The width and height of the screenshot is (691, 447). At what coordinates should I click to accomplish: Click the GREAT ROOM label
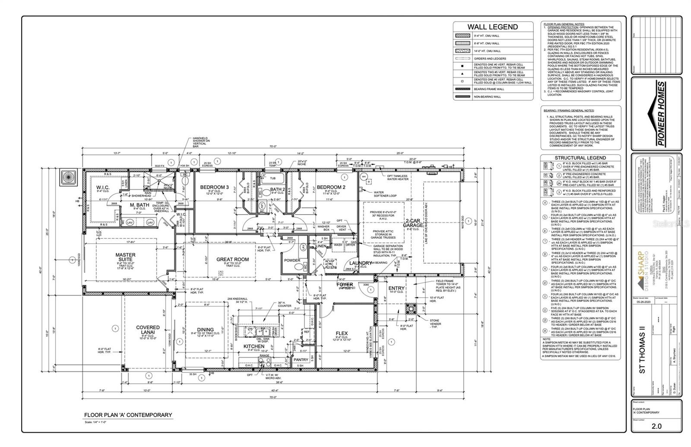coord(232,260)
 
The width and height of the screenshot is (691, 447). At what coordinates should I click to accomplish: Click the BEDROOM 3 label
coord(214,187)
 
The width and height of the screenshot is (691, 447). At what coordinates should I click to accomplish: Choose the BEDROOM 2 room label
coord(331,187)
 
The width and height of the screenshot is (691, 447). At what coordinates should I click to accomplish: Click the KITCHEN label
coord(254,346)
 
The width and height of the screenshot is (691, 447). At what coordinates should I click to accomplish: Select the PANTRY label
coord(301,359)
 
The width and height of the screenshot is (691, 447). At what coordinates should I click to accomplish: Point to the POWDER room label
coord(292,260)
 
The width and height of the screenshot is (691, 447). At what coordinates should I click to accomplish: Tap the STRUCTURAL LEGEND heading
coord(580,158)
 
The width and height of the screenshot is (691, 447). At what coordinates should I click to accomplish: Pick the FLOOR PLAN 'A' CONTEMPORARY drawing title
coord(128,415)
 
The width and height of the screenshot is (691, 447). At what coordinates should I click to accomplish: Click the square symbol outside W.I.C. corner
coord(68,177)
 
